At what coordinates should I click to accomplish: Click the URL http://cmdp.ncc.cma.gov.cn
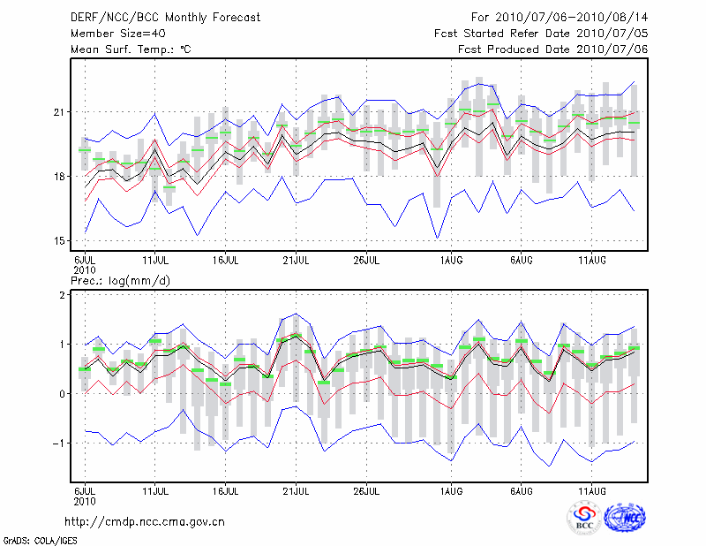pyautogui.click(x=145, y=522)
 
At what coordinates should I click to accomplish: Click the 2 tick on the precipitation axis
pyautogui.click(x=64, y=295)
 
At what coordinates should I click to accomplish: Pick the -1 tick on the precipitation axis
pyautogui.click(x=60, y=444)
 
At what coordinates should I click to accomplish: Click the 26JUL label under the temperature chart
pyautogui.click(x=366, y=260)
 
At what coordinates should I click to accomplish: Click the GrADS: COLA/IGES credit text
pyautogui.click(x=41, y=539)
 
